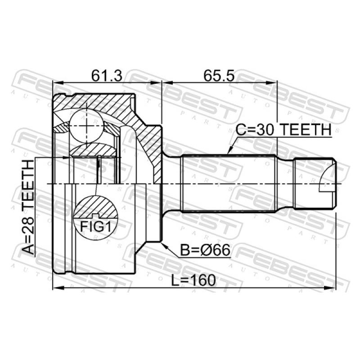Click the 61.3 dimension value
point(107,76)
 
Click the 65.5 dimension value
point(219,76)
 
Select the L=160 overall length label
point(193,280)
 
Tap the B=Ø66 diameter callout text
point(205,250)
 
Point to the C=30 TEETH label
point(283,130)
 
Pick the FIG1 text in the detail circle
point(95,227)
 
